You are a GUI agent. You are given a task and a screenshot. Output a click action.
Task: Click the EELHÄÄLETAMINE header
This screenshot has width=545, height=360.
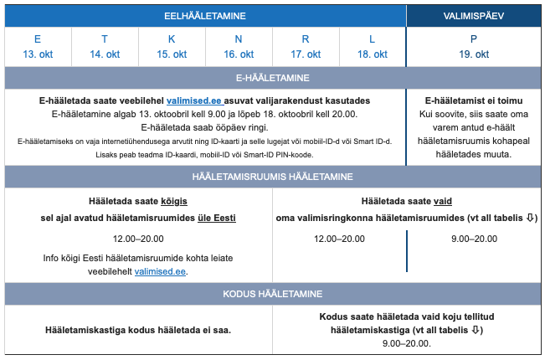point(205,16)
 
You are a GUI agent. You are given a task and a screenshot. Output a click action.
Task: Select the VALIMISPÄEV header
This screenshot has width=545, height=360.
point(473,16)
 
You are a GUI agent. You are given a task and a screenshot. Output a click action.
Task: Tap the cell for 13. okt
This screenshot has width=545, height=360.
point(38,47)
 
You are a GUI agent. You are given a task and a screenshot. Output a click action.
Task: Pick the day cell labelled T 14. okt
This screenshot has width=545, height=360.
point(105,47)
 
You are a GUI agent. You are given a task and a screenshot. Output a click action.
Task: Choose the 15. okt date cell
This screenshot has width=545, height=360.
point(172,47)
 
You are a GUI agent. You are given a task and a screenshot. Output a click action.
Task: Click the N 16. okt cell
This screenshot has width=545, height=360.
point(239,47)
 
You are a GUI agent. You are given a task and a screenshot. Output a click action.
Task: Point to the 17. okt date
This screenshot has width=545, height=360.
point(306,54)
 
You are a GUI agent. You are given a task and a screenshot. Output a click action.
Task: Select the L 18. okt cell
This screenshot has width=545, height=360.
point(373,47)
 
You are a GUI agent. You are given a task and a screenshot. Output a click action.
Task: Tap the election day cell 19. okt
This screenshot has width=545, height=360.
point(474,47)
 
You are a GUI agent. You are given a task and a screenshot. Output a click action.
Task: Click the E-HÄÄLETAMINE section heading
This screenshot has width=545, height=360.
point(272,78)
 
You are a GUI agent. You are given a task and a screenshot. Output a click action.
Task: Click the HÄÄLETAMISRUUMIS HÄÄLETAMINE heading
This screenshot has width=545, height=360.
point(272,177)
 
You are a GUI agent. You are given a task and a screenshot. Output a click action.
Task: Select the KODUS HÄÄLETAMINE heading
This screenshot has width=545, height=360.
point(272,295)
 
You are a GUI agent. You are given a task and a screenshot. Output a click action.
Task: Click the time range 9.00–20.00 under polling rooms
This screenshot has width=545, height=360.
point(474,239)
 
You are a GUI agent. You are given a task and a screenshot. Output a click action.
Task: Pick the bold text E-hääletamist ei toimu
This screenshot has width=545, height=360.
point(473,100)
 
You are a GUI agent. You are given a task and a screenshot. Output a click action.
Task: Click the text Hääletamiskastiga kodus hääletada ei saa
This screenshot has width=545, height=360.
point(138,330)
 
